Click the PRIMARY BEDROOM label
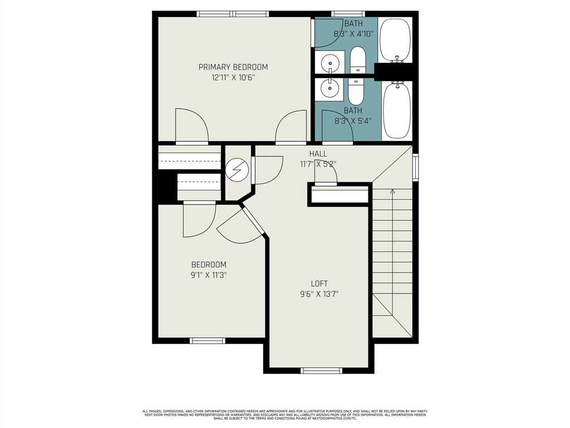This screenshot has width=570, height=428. [233, 67]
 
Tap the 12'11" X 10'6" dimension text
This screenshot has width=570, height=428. [233, 78]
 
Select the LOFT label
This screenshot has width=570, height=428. [319, 284]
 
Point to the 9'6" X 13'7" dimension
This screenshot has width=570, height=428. [319, 294]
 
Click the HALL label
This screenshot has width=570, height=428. [318, 154]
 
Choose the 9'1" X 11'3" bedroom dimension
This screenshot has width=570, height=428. [209, 275]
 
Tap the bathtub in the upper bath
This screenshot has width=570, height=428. [396, 40]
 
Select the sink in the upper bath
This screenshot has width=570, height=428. [330, 61]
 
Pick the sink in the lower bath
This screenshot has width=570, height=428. [330, 88]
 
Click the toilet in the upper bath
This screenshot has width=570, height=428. [357, 59]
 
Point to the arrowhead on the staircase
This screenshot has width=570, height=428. [392, 192]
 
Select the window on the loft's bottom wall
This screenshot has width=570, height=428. [321, 370]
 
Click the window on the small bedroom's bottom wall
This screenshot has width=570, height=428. [208, 340]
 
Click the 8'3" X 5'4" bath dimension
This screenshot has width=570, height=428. [353, 120]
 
